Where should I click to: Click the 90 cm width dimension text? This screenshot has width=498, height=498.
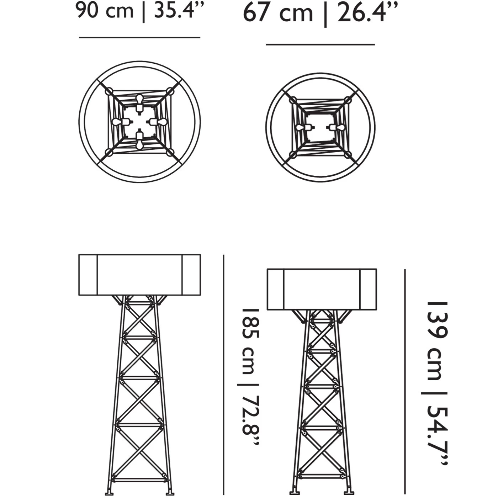(x=104, y=11)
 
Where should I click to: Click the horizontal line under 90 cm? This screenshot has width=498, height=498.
(x=139, y=37)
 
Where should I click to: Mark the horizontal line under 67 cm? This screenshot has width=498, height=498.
(x=320, y=44)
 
